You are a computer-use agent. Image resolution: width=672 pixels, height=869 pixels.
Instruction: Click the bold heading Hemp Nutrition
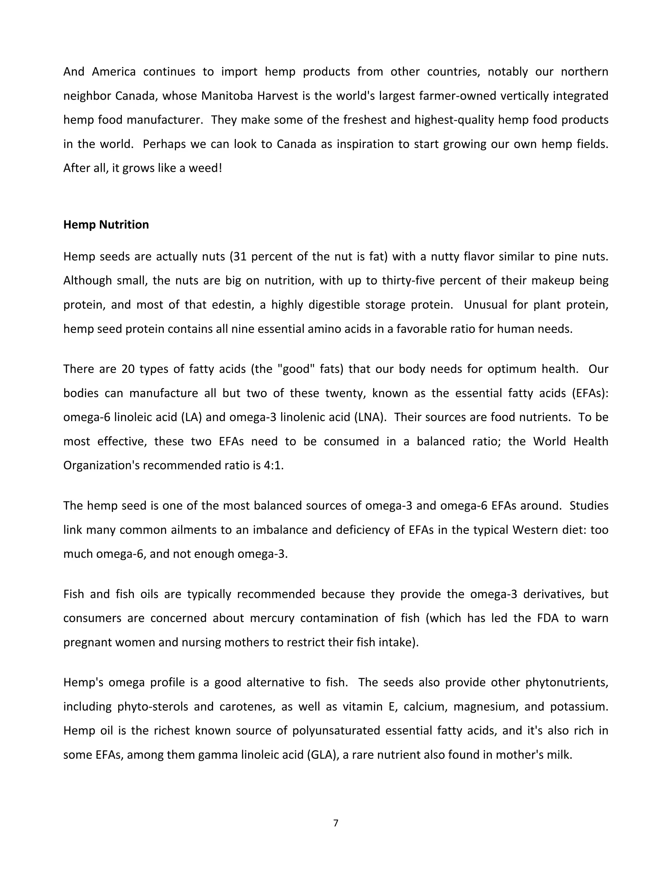(106, 225)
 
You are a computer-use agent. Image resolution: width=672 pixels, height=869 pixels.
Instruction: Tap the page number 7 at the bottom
(336, 823)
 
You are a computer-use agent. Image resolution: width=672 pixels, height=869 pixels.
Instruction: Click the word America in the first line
(114, 71)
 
